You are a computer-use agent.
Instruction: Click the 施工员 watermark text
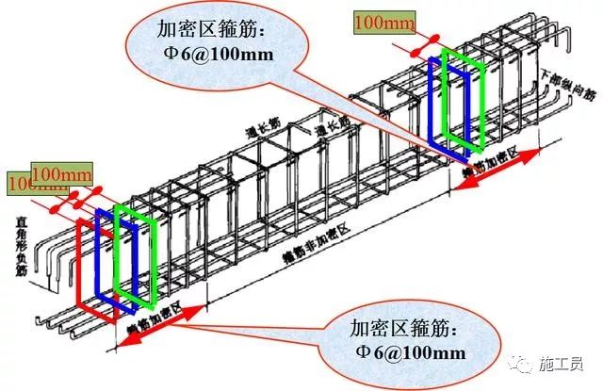(565, 366)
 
